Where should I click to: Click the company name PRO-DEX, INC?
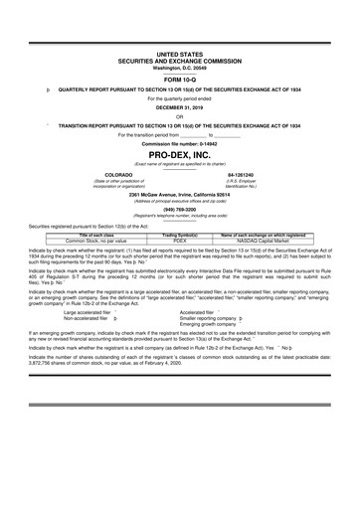point(179,156)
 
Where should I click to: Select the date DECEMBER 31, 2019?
point(179,108)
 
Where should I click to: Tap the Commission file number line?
point(179,144)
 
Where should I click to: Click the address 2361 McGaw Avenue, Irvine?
point(179,193)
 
